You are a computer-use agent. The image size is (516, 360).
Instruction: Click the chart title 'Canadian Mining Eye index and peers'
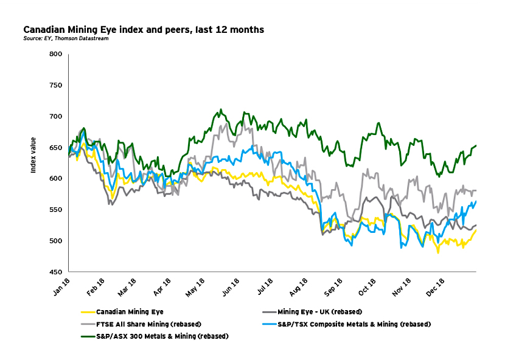click(143, 29)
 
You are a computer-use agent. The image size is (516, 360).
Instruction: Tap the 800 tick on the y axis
click(56, 54)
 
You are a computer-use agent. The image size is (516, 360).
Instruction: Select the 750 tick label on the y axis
click(56, 85)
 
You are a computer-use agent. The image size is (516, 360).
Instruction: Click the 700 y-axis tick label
click(56, 116)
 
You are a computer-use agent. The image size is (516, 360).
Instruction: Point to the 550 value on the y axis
click(56, 210)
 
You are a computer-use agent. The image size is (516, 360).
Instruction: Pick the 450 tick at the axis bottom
click(56, 272)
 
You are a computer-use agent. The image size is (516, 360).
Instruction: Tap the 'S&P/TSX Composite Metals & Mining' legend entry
click(354, 324)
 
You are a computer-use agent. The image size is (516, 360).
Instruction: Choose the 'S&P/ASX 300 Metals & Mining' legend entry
click(161, 336)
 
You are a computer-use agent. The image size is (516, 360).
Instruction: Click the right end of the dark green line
click(476, 145)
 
